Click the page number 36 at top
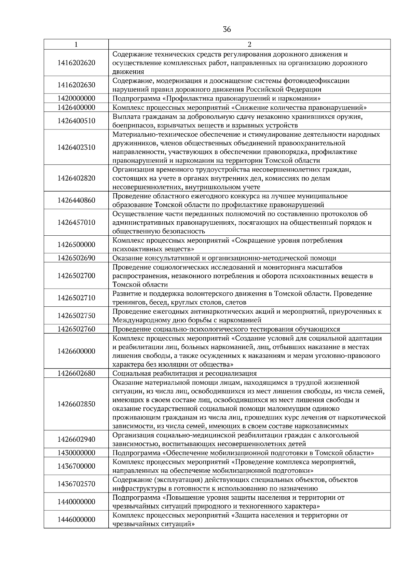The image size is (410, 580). click(227, 29)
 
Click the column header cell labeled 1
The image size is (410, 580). click(76, 44)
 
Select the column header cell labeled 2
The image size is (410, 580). click(249, 44)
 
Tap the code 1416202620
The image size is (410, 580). click(76, 63)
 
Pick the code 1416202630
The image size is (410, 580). click(76, 85)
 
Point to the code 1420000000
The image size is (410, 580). click(76, 98)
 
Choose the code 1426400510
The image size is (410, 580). click(76, 121)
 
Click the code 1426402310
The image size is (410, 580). click(76, 147)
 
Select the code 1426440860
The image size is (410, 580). click(76, 200)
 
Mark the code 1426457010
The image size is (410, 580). click(76, 222)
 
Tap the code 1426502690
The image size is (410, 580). click(76, 258)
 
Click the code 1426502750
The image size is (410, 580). click(76, 316)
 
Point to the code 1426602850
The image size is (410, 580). click(76, 404)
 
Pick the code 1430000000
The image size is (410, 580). click(76, 453)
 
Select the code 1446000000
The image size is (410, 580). click(76, 520)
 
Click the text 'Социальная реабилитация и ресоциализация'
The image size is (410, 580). click(184, 373)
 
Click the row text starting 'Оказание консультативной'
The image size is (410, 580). click(224, 258)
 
